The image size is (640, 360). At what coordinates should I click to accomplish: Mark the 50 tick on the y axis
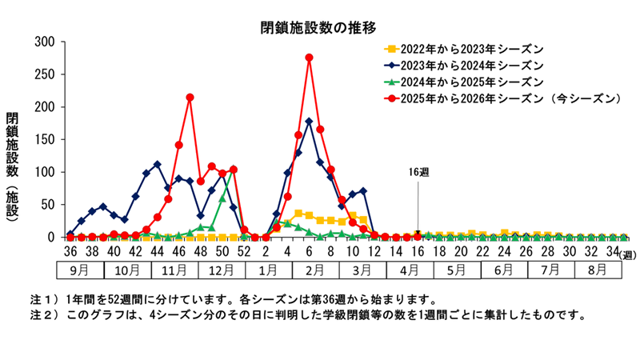click(47, 205)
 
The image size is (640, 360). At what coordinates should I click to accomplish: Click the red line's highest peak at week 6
click(309, 58)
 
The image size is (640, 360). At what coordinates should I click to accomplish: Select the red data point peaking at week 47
click(190, 98)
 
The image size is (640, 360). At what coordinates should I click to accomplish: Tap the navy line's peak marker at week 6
click(309, 122)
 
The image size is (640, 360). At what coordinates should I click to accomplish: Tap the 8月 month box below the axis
click(596, 270)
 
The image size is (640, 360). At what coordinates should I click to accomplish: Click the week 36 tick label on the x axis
click(70, 253)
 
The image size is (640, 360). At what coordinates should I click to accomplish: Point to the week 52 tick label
click(244, 253)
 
